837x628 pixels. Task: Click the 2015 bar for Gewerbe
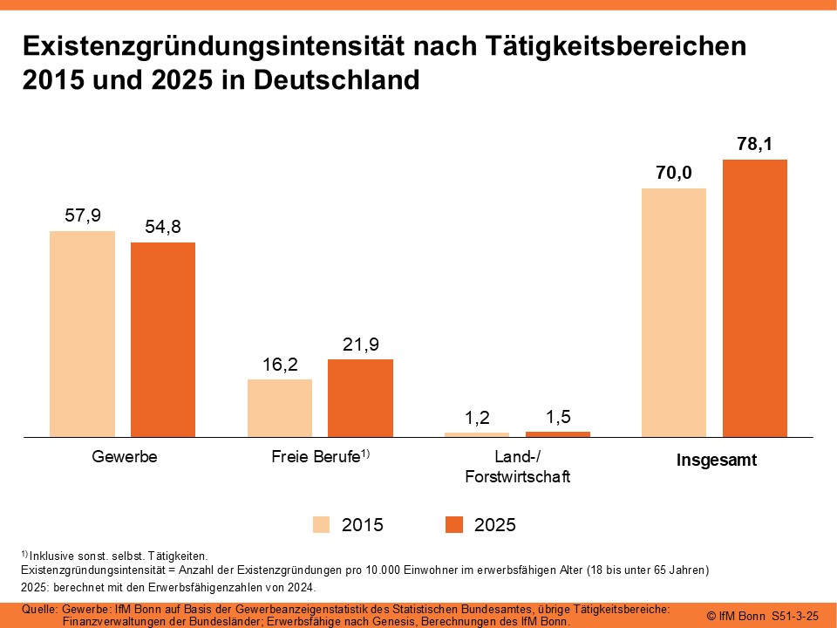tap(82, 333)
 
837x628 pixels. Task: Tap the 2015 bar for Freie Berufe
tap(280, 407)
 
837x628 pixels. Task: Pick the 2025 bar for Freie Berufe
tap(360, 397)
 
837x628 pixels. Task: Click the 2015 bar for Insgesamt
tap(674, 311)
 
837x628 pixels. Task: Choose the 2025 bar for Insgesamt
tap(755, 297)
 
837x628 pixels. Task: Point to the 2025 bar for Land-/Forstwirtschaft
tap(558, 433)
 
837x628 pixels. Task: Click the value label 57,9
tap(83, 215)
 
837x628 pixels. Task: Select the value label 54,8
tap(163, 227)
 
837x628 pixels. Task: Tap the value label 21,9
tap(360, 345)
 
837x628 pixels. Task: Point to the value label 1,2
tap(477, 418)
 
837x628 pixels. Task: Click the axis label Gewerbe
tap(124, 456)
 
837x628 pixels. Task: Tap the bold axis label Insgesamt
tap(717, 461)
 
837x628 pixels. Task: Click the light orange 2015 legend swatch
tap(322, 525)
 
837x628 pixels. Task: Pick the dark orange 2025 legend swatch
tap(453, 525)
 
